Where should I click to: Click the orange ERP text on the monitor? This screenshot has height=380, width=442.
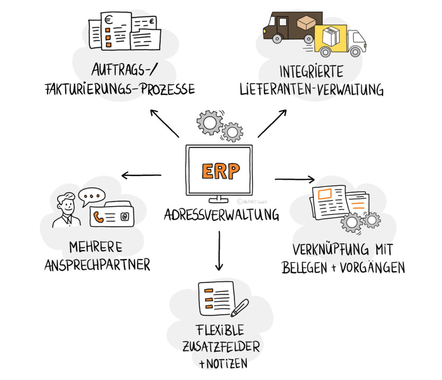click(x=220, y=171)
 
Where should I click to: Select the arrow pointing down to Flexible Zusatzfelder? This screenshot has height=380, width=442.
click(x=219, y=250)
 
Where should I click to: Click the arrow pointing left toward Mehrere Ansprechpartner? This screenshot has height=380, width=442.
click(x=141, y=175)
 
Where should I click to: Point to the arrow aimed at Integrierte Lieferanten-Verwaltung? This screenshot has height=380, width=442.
click(x=272, y=123)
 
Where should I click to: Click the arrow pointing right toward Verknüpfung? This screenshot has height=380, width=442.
click(x=295, y=179)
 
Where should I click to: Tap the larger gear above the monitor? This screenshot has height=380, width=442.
click(x=209, y=122)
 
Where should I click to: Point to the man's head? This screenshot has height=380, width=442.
click(x=67, y=203)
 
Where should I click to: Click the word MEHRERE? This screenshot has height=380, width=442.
click(x=95, y=247)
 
